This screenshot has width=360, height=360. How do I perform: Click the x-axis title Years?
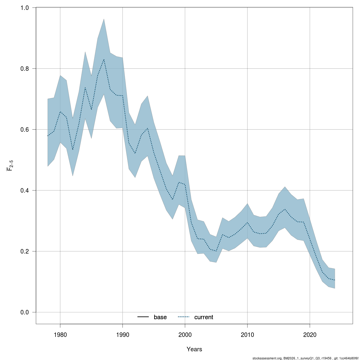[194, 349]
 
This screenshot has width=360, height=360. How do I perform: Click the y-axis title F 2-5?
[10, 165]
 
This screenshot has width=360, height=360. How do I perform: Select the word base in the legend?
[160, 317]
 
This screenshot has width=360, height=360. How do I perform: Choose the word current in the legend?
[204, 317]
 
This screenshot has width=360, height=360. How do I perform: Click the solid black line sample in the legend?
[143, 317]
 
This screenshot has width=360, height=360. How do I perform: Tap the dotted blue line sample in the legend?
[184, 317]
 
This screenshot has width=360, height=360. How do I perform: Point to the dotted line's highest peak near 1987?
[104, 59]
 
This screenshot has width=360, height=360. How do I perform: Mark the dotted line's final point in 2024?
[334, 280]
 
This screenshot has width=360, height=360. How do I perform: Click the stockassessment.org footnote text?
[306, 358]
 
